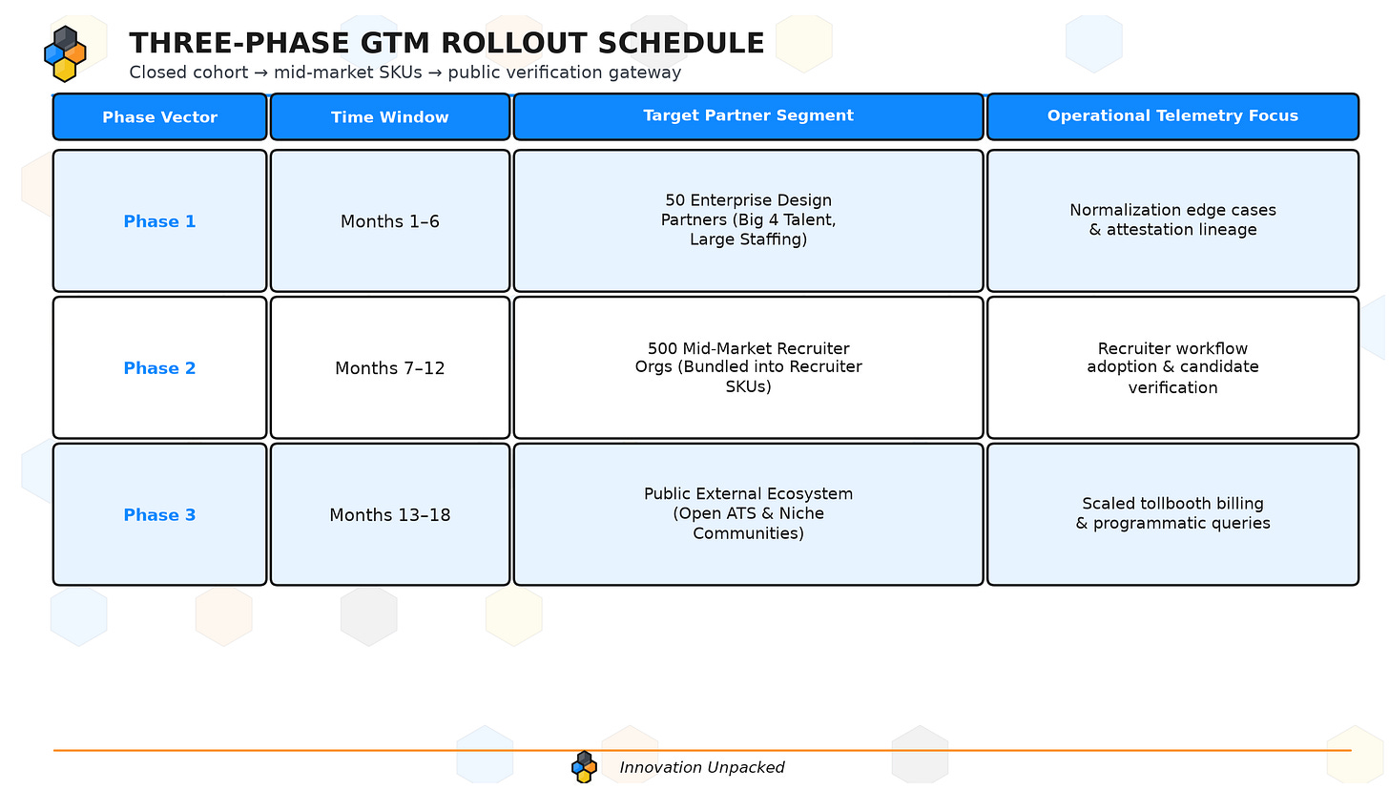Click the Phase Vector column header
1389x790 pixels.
click(159, 116)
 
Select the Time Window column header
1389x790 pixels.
click(390, 116)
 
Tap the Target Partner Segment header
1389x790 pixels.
click(749, 116)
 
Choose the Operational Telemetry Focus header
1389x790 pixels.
click(1172, 116)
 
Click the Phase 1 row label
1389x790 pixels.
click(159, 220)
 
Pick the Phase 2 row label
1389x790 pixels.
click(159, 367)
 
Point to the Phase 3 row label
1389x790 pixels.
click(159, 514)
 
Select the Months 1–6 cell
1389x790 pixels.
click(390, 220)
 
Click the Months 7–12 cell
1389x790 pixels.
click(390, 367)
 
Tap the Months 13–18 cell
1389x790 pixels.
click(390, 514)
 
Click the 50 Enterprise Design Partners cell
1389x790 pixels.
click(749, 220)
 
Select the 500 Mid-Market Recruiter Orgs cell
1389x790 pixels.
click(749, 367)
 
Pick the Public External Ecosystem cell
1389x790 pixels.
click(749, 514)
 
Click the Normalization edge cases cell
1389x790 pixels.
click(1172, 220)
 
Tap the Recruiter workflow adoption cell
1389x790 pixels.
click(1172, 367)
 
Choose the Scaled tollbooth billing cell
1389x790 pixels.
click(1172, 514)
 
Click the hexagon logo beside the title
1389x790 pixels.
click(65, 54)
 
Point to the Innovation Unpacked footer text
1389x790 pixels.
click(702, 768)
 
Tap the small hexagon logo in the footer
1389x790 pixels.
click(584, 767)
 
